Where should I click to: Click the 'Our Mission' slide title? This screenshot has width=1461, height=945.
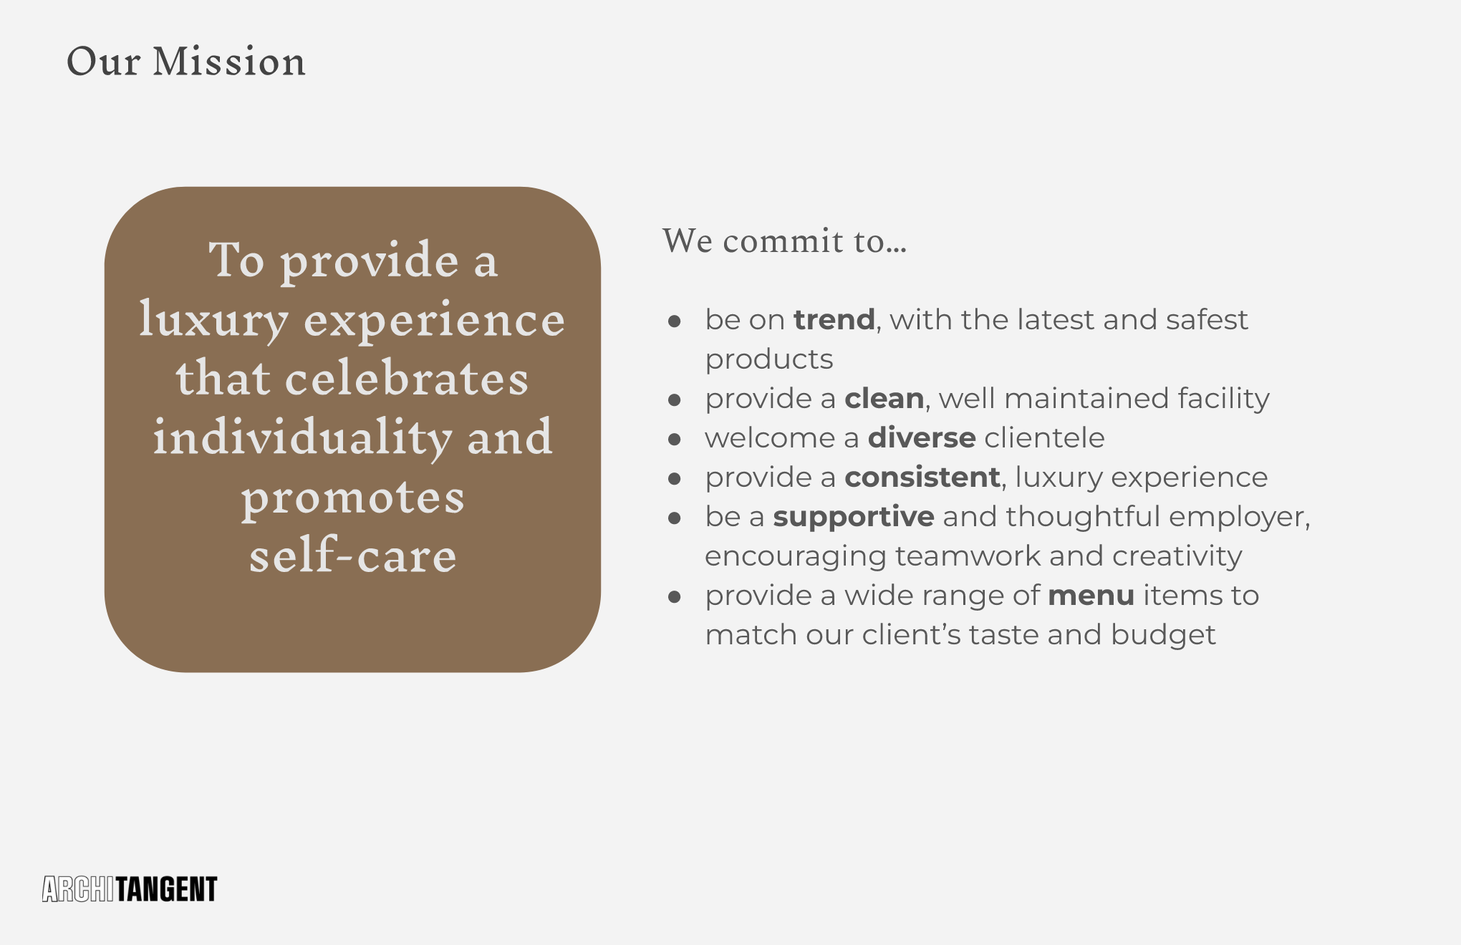pyautogui.click(x=186, y=62)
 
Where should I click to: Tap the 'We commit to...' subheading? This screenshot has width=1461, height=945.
pyautogui.click(x=784, y=241)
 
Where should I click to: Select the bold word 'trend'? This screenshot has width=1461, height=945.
pyautogui.click(x=834, y=319)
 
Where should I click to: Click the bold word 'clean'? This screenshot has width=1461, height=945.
pyautogui.click(x=884, y=398)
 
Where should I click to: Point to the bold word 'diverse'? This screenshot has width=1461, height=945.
pyautogui.click(x=922, y=437)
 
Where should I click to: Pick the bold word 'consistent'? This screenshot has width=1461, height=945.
pyautogui.click(x=922, y=477)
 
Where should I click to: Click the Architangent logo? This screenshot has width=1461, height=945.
pyautogui.click(x=130, y=889)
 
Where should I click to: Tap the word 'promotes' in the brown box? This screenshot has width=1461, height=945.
pyautogui.click(x=352, y=498)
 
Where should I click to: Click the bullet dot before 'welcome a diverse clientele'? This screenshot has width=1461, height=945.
pyautogui.click(x=674, y=439)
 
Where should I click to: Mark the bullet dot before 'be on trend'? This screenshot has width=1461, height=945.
pyautogui.click(x=674, y=321)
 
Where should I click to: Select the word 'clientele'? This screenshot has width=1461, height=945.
pyautogui.click(x=1044, y=437)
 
